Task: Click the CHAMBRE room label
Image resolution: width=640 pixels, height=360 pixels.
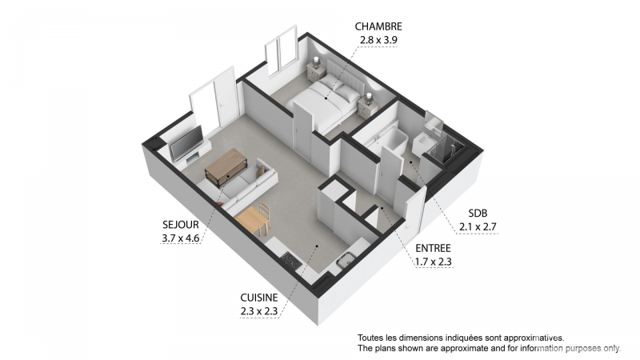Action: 378,26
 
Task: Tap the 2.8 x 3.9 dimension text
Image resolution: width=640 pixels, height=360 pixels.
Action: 378,40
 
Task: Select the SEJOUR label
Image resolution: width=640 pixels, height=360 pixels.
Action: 181,225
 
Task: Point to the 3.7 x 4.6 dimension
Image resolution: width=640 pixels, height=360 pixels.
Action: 181,238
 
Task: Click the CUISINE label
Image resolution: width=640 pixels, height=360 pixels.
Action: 258,298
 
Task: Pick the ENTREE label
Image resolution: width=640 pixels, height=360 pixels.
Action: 433,248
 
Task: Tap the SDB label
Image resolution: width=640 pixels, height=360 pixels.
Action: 478,214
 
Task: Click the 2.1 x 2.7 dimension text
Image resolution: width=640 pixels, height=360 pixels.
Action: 478,227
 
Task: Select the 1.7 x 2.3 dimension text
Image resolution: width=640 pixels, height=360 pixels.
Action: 433,262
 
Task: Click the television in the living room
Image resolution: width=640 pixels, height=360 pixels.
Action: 186,143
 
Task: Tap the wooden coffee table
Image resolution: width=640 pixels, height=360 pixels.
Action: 226,166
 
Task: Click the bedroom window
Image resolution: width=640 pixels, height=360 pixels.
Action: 281,50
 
